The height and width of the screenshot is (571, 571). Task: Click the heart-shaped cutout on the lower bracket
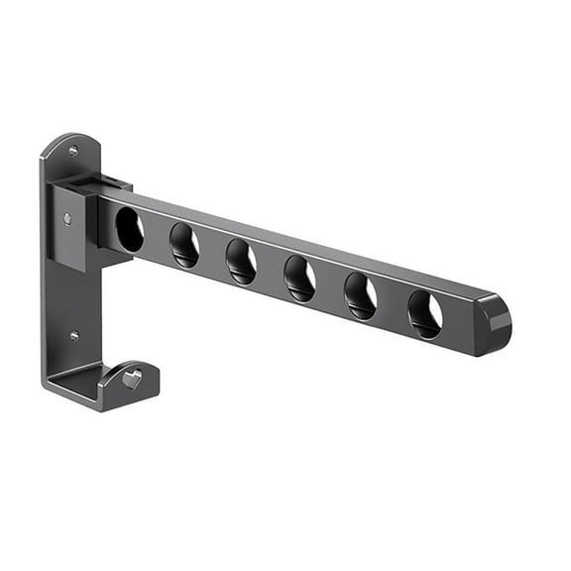point(132,379)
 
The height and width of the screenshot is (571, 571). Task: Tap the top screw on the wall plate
point(72,152)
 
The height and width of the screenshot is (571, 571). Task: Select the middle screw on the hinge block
point(67,218)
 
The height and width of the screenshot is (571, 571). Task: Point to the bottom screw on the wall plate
point(73,336)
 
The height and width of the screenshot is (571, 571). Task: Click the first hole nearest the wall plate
point(129,230)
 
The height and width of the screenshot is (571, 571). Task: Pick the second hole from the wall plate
point(183,245)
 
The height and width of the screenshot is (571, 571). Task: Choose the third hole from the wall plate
point(241,262)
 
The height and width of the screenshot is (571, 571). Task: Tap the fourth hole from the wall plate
point(299,279)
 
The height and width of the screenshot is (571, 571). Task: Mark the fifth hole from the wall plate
point(360,295)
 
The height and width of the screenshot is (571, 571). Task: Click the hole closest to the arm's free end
point(424,313)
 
